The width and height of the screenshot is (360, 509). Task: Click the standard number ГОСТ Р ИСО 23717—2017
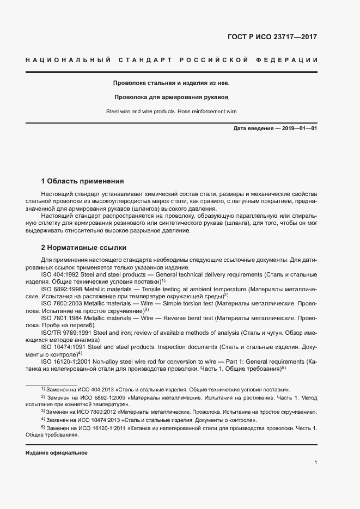coord(272,37)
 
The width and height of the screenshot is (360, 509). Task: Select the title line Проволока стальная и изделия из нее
coord(171,83)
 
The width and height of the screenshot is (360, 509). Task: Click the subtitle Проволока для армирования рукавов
coord(171,97)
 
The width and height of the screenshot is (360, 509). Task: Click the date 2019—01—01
coord(299,128)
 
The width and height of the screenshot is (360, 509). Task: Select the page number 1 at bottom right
coord(315,463)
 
